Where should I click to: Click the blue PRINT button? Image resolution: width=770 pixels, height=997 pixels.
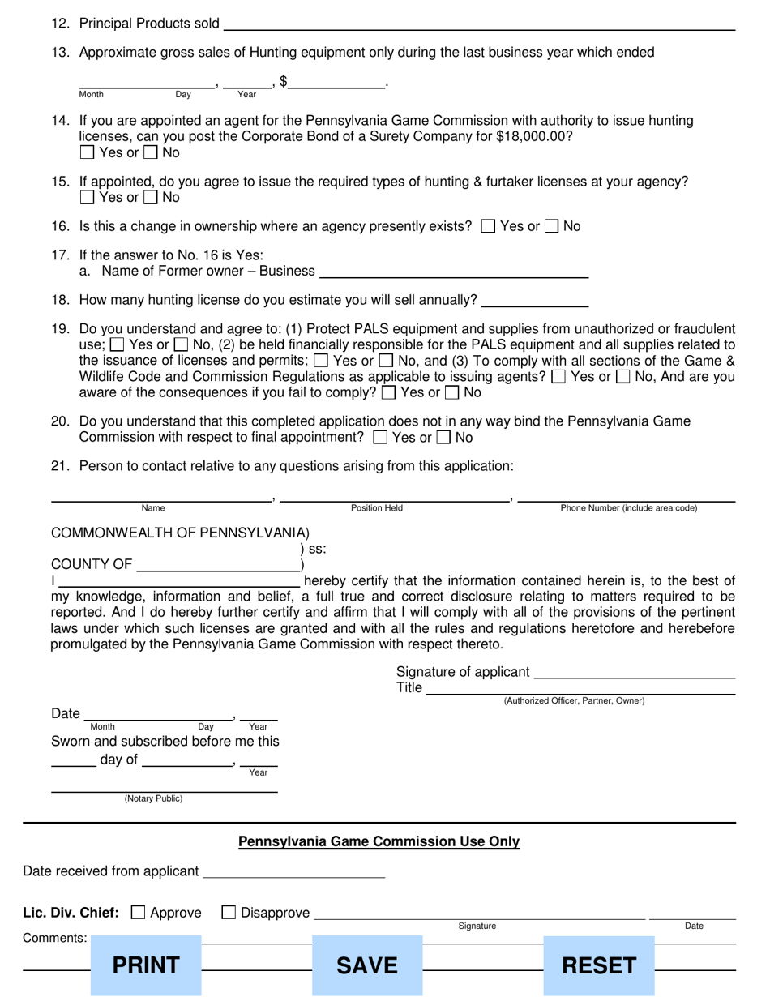pyautogui.click(x=146, y=965)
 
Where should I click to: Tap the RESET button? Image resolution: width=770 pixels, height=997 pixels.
pyautogui.click(x=599, y=965)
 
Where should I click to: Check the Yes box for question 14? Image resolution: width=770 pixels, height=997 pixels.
pyautogui.click(x=88, y=152)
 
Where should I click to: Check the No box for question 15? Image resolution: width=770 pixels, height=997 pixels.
pyautogui.click(x=151, y=197)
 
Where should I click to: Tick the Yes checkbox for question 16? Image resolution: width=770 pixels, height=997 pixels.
pyautogui.click(x=488, y=227)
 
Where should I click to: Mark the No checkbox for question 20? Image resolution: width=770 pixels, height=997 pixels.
pyautogui.click(x=444, y=438)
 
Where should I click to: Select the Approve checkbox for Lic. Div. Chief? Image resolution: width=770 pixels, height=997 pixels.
pyautogui.click(x=139, y=913)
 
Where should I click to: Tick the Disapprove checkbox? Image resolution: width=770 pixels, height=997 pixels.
pyautogui.click(x=229, y=913)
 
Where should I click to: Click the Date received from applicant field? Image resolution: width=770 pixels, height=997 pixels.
pyautogui.click(x=293, y=873)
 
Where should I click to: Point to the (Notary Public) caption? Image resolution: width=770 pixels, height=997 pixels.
pyautogui.click(x=153, y=798)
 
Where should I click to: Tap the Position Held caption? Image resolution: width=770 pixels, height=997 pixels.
pyautogui.click(x=377, y=508)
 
